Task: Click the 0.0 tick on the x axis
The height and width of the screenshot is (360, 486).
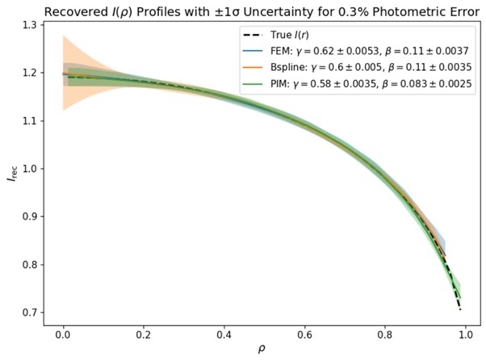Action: (62, 333)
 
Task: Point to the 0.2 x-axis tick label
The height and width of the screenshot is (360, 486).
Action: (144, 333)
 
